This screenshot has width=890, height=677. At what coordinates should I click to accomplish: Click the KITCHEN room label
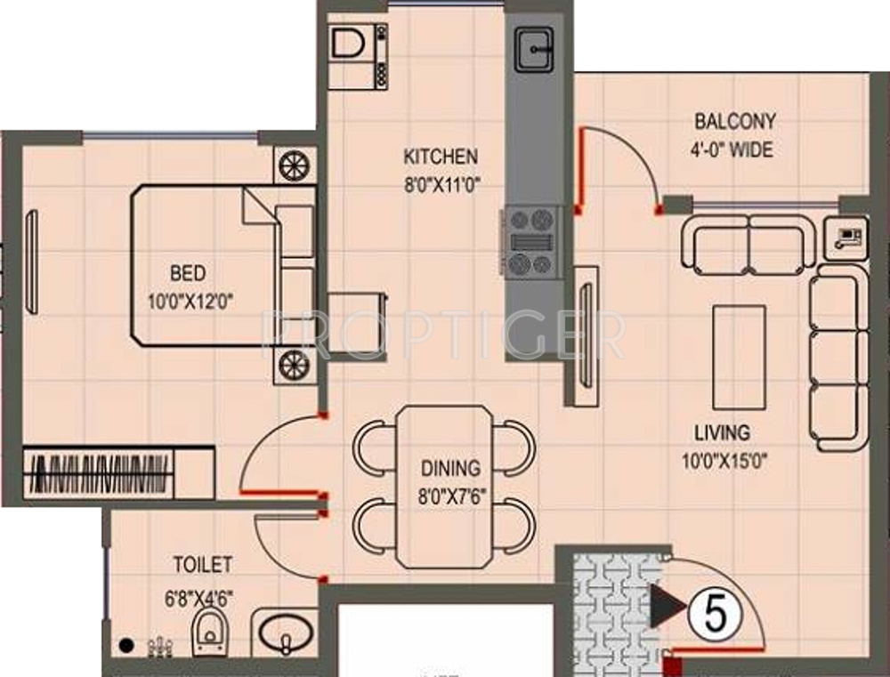(x=441, y=156)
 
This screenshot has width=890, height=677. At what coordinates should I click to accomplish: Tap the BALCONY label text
(x=735, y=122)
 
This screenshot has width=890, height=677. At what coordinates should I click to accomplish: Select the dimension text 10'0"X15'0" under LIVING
(x=724, y=461)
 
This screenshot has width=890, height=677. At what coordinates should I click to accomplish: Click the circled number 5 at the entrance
(x=716, y=615)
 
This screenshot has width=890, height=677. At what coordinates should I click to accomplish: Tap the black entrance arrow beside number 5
(x=667, y=607)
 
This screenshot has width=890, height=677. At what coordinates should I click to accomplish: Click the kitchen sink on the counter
(x=534, y=50)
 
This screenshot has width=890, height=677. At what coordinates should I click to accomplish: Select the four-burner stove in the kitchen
(x=531, y=242)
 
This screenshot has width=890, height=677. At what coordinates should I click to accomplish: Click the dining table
(x=444, y=487)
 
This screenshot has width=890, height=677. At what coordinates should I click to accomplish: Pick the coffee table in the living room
(x=739, y=358)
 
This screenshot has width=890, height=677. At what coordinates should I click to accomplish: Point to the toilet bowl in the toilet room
(x=210, y=632)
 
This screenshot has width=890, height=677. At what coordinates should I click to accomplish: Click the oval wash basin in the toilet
(x=286, y=632)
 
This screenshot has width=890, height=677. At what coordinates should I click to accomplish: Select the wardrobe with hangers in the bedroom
(x=118, y=473)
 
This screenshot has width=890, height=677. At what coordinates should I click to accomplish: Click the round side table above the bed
(x=295, y=165)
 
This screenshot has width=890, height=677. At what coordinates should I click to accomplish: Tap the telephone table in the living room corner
(x=845, y=238)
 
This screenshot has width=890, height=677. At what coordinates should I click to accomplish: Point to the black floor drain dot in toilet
(x=126, y=645)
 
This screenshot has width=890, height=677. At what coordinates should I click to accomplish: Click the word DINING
(x=450, y=468)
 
